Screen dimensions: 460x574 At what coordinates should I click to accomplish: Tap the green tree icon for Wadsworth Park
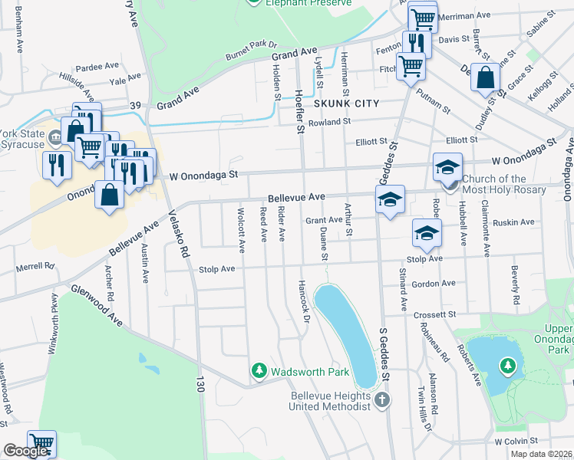(x=259, y=372)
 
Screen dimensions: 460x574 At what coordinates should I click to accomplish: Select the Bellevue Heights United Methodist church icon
(x=382, y=399)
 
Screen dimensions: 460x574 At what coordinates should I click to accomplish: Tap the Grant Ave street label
(x=324, y=220)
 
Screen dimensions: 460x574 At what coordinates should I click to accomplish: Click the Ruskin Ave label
(x=515, y=222)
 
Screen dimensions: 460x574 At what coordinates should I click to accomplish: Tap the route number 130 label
(x=200, y=384)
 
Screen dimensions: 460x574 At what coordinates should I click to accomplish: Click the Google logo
(x=25, y=451)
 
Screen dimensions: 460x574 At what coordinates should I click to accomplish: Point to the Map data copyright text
(x=541, y=454)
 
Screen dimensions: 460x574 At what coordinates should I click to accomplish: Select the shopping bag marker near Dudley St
(x=486, y=78)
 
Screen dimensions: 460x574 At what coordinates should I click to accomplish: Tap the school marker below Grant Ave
(x=427, y=233)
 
